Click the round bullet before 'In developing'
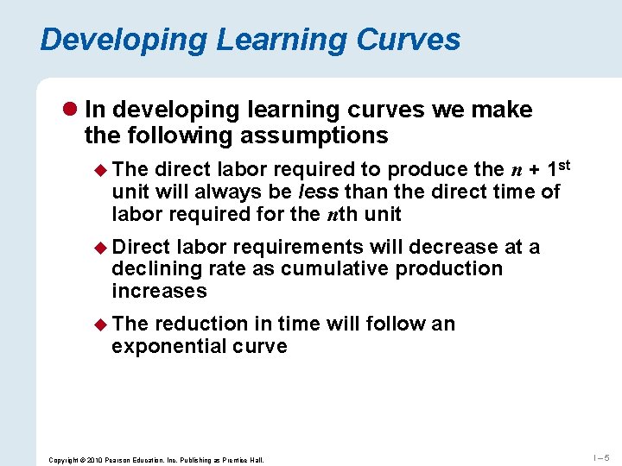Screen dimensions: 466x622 click(72, 110)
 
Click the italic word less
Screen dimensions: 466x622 click(319, 191)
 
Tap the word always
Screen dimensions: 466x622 click(228, 191)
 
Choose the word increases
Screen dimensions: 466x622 click(159, 291)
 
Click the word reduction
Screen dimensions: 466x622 click(201, 324)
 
